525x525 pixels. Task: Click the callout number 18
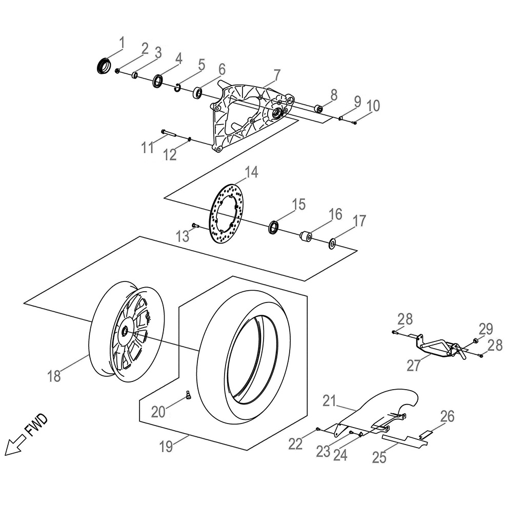tap(54, 376)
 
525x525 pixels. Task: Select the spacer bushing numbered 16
tap(306, 237)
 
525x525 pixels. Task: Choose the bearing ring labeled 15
tap(275, 227)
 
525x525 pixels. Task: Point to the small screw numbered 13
tap(195, 225)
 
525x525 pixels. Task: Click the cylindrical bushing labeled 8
tap(318, 109)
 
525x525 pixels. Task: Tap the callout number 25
tap(379, 457)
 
